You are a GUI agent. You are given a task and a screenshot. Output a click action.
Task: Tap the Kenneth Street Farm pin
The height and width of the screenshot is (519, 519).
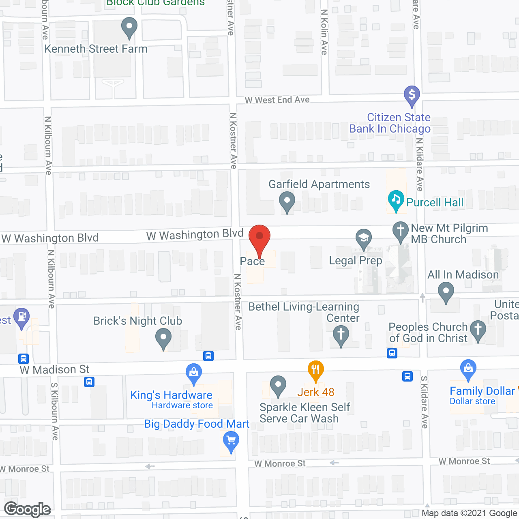pos(129,27)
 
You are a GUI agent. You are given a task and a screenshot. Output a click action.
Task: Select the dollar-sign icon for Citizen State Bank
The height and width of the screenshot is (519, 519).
pos(412,95)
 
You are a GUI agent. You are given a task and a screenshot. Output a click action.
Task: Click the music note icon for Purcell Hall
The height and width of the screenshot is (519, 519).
pos(396,199)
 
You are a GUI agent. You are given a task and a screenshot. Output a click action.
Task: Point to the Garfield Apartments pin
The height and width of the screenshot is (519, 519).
pos(287,201)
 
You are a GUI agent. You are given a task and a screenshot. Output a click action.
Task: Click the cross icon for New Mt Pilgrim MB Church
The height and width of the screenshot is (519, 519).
pos(401,231)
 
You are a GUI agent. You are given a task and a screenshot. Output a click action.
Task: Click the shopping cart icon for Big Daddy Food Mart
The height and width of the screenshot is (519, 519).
pos(231,440)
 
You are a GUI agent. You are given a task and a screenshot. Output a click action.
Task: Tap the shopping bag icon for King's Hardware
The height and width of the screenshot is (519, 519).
pos(194,372)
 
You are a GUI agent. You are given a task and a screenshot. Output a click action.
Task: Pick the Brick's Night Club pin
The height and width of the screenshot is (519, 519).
pos(163,337)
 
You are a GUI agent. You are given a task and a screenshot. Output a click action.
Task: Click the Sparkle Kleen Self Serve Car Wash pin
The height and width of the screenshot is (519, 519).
pos(278,385)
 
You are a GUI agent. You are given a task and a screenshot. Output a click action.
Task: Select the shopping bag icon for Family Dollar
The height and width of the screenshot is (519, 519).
pos(468,369)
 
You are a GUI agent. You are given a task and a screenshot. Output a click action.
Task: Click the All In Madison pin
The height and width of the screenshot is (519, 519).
pos(446,292)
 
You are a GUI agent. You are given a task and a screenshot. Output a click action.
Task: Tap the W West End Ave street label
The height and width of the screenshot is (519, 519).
pos(277,100)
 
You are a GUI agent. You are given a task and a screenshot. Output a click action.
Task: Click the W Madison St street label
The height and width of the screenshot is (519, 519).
pos(55,370)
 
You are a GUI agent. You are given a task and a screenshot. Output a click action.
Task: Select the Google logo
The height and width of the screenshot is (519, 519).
pos(28,509)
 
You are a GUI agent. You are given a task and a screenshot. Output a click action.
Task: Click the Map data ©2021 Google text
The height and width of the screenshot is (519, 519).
pos(470,513)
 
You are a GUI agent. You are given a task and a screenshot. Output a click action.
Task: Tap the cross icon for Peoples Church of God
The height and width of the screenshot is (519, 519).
pos(478,330)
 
